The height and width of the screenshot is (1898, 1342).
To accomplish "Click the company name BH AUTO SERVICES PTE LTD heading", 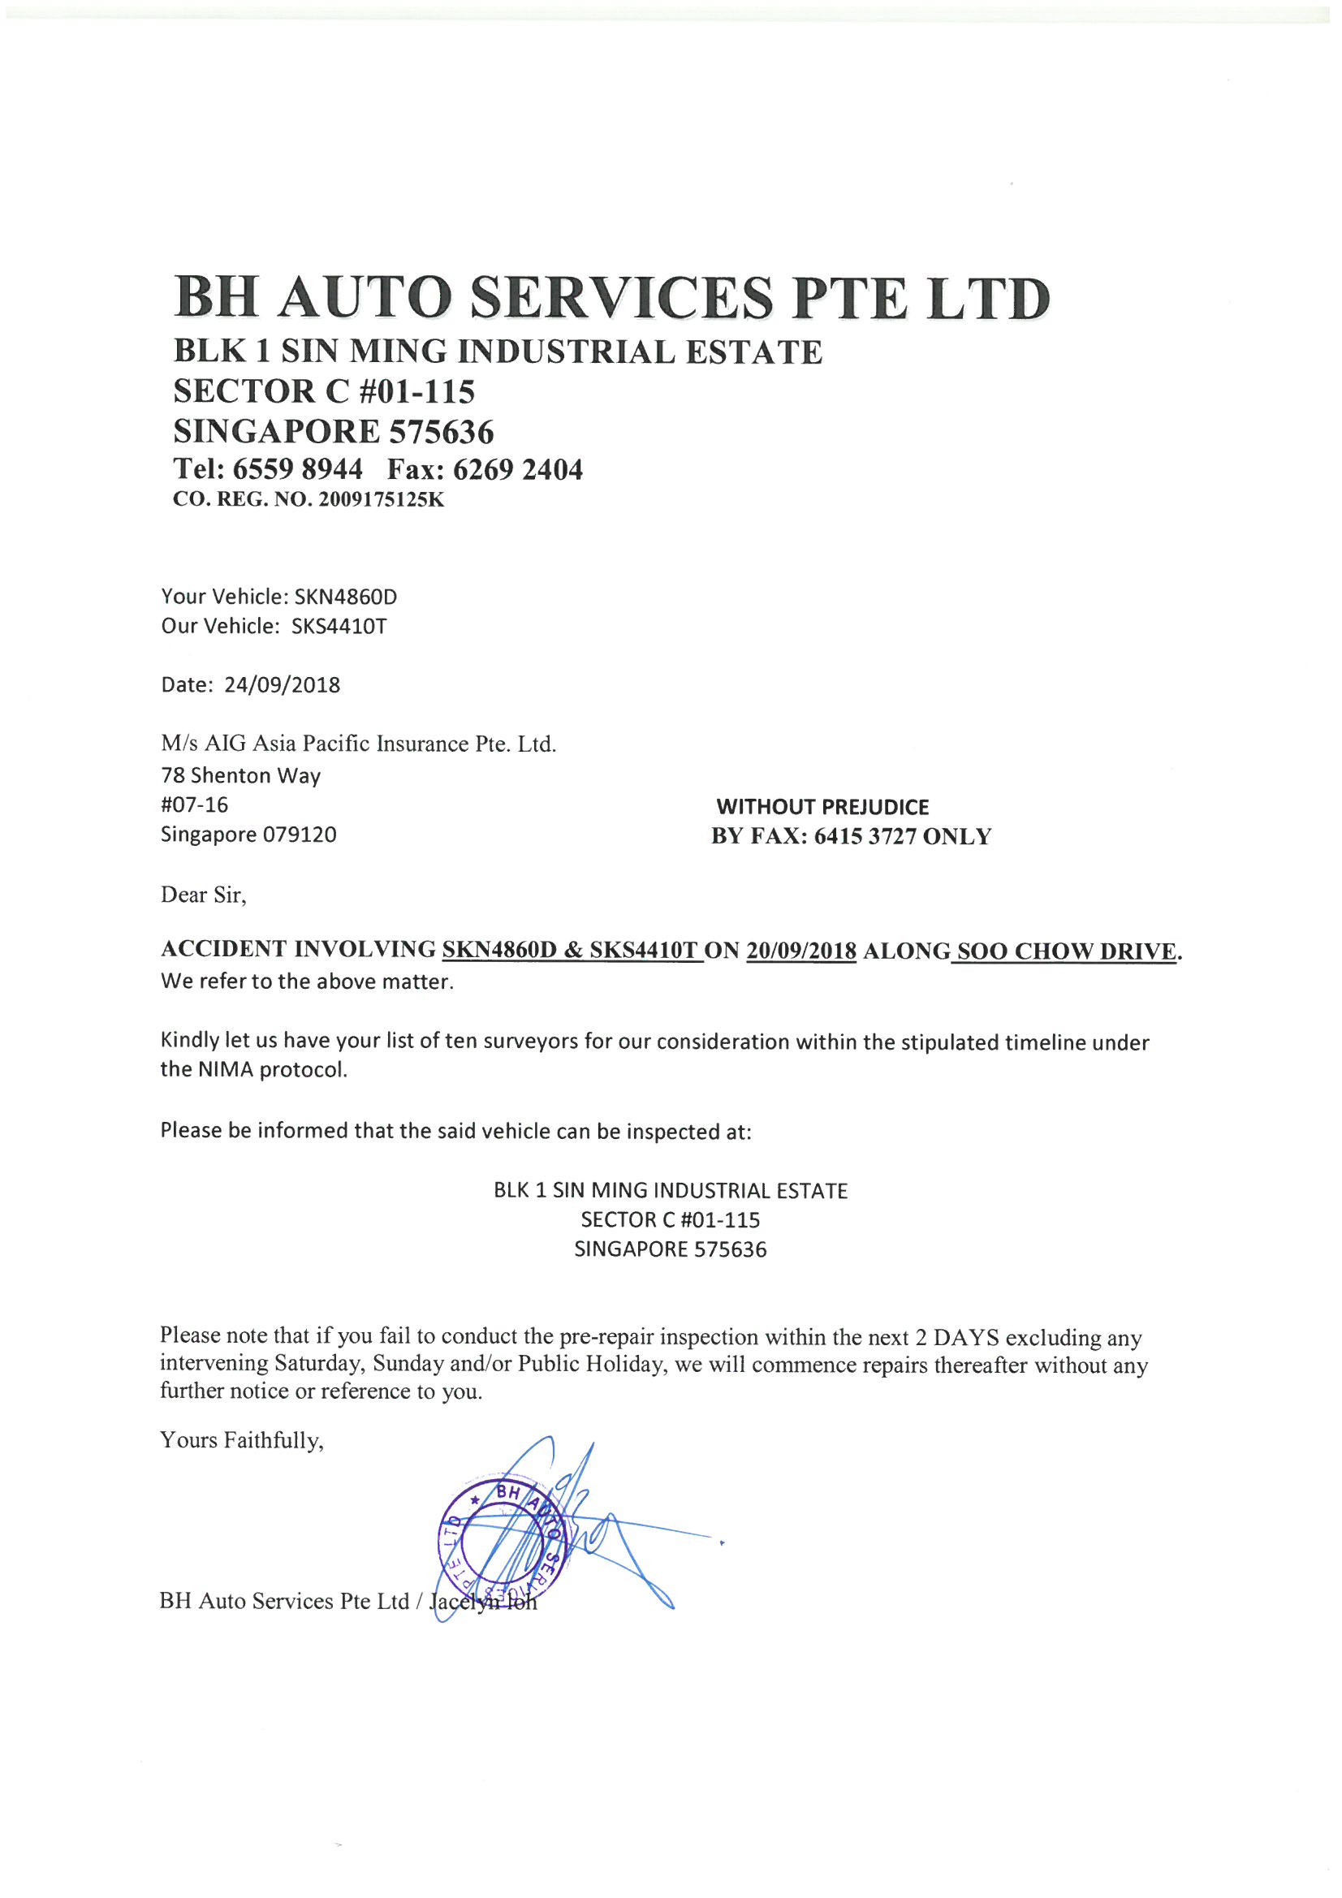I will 612,298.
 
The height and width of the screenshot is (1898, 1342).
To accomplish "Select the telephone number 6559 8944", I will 298,469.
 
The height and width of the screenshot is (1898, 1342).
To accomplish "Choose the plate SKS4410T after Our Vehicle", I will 339,626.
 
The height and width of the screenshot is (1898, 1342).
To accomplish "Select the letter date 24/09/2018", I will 282,684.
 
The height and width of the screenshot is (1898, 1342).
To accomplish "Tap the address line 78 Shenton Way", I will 240,775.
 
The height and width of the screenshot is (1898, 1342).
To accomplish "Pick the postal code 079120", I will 300,834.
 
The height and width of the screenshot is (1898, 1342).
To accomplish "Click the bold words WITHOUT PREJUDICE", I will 822,807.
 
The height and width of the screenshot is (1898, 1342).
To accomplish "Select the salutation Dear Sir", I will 203,895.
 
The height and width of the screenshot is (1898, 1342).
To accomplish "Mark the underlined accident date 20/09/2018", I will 800,951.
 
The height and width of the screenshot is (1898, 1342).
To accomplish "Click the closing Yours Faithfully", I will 241,1441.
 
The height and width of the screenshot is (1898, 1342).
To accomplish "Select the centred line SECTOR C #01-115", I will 671,1219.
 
